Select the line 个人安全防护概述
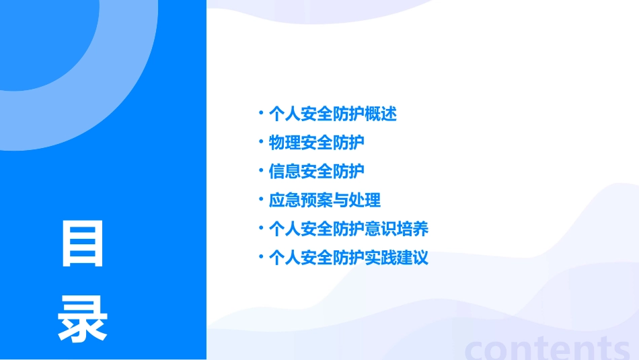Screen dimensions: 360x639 (332, 114)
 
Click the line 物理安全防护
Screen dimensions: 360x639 (316, 143)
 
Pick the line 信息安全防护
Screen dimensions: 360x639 (316, 172)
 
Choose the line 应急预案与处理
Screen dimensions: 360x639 (324, 200)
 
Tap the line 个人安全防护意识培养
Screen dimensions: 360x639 (348, 229)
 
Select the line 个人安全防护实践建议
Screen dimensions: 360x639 (348, 258)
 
